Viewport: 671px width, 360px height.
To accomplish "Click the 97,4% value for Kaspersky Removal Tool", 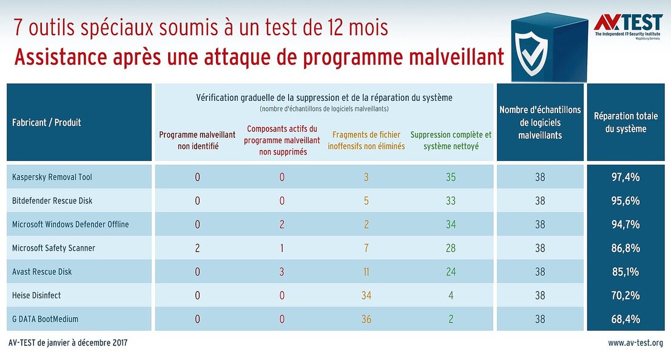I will click(x=625, y=177).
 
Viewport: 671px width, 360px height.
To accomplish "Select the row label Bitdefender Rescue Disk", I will click(x=52, y=201).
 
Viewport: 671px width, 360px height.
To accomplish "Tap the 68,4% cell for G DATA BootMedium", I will click(x=625, y=319).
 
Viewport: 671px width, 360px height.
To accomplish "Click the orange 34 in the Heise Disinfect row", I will click(x=366, y=296).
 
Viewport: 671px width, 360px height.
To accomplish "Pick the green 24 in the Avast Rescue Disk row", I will click(x=451, y=272).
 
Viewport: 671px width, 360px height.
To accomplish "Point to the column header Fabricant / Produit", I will click(x=47, y=123).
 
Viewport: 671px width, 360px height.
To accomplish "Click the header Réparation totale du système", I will click(x=625, y=123).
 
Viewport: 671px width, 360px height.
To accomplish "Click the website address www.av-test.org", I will click(x=635, y=343).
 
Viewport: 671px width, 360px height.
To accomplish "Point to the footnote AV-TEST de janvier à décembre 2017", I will click(x=69, y=343).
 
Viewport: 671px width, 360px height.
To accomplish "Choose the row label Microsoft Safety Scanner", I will click(x=53, y=248).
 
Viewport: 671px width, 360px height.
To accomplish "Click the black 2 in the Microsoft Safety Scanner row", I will click(x=197, y=248).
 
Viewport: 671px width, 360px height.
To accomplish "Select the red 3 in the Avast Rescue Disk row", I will click(x=282, y=272).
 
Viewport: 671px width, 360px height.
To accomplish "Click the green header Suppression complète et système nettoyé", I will click(x=451, y=140).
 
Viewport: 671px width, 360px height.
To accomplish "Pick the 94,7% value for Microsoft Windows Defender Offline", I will click(x=625, y=225).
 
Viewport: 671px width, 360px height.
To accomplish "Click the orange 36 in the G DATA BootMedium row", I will click(x=366, y=319).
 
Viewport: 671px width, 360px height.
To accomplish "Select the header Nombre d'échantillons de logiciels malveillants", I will click(x=540, y=123).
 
